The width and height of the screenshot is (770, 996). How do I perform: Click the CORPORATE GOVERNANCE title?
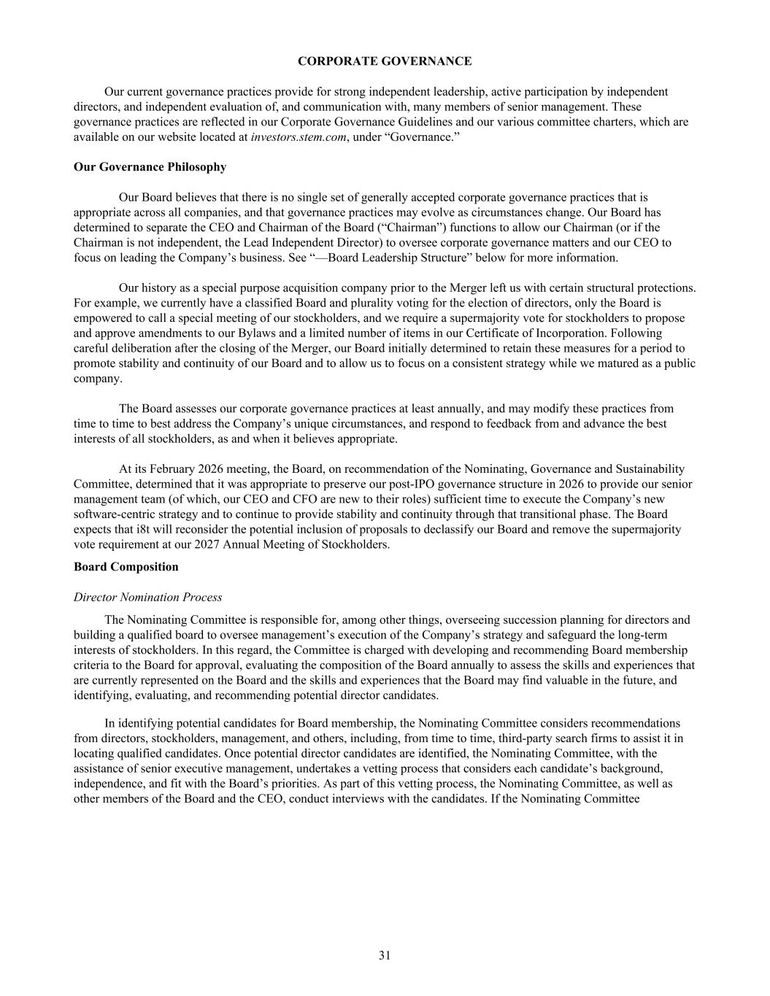tap(385, 61)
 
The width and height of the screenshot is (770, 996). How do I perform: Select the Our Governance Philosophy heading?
tap(150, 167)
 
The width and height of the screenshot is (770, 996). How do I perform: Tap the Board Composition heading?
tap(126, 567)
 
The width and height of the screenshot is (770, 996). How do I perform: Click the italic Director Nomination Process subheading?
tap(147, 598)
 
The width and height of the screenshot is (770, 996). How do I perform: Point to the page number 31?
tap(385, 956)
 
